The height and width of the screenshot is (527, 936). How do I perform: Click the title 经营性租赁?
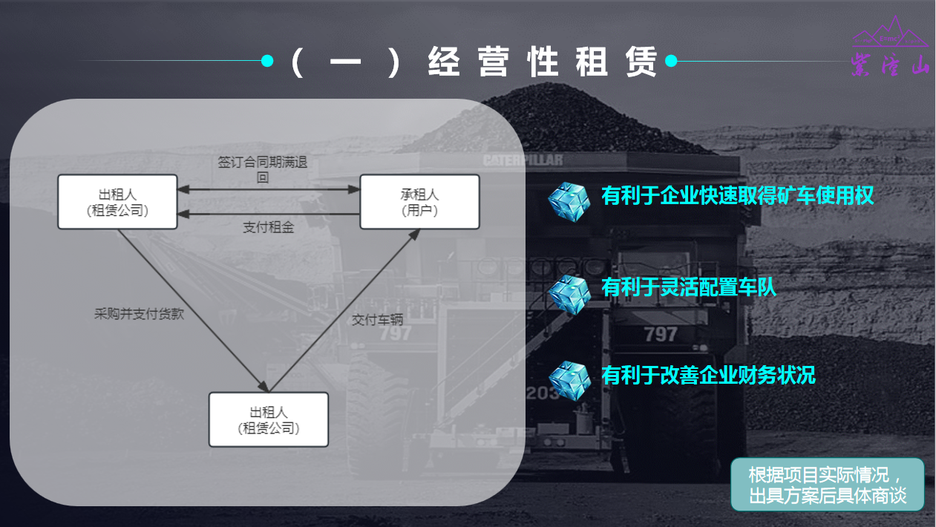click(x=543, y=62)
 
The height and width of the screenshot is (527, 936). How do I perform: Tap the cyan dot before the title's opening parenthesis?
click(x=267, y=61)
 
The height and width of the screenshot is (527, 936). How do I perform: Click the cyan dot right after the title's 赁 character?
click(x=671, y=61)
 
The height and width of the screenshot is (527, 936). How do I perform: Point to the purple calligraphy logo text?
click(x=891, y=65)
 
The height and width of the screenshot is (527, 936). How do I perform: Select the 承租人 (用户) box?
click(x=419, y=202)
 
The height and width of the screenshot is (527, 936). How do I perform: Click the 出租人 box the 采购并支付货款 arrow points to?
click(x=269, y=419)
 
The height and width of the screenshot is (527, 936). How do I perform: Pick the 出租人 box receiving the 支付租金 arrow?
click(x=117, y=202)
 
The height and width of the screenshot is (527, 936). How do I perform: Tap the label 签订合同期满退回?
click(x=263, y=169)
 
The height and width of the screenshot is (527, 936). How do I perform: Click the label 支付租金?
click(x=268, y=227)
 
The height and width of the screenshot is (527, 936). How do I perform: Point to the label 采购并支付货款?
click(x=139, y=313)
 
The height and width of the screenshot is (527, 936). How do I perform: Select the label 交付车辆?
click(x=377, y=320)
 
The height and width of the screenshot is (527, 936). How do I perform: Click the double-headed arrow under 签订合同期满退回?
click(x=269, y=189)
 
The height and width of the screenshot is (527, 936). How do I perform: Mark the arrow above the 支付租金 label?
click(x=269, y=214)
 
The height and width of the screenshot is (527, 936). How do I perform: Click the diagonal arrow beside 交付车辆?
click(x=344, y=310)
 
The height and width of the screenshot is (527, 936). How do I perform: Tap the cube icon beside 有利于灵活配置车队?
click(x=569, y=295)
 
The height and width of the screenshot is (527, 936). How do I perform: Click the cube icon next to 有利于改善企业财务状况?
click(x=569, y=381)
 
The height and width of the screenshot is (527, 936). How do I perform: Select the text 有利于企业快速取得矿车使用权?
click(x=738, y=196)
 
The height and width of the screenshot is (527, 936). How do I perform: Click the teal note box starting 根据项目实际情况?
click(x=828, y=485)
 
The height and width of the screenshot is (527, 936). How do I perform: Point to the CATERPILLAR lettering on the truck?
click(x=523, y=160)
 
